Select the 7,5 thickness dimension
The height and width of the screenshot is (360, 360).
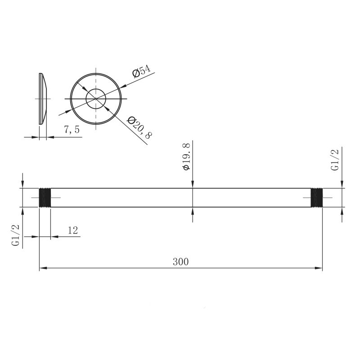pos(72,130)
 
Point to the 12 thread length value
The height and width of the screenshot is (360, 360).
pos(72,230)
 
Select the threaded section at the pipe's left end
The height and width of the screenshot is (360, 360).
pos(45,198)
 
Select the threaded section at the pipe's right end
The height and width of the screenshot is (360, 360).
pos(317,198)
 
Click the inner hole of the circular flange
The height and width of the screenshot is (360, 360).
pos(96,98)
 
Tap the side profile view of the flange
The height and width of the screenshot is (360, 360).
pos(43,98)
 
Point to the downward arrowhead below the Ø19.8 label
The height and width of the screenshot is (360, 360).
pos(193,184)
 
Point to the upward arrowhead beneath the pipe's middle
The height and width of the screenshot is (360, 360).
pos(193,211)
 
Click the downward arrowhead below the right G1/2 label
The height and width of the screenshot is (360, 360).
pos(342,184)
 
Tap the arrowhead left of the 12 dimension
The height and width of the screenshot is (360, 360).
pos(36,236)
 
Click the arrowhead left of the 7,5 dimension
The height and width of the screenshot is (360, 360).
pos(36,137)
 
